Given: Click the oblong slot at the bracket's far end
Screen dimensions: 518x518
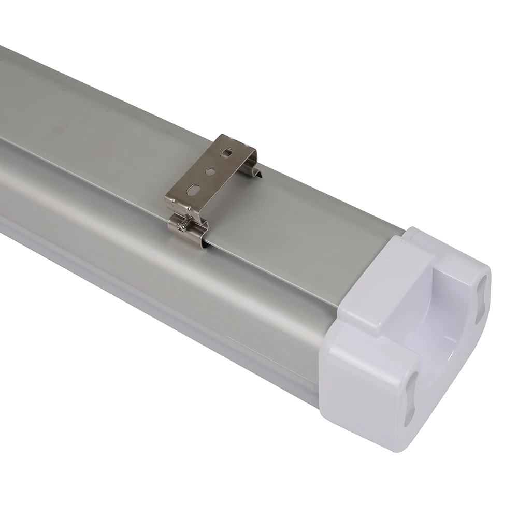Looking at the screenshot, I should coord(226,153).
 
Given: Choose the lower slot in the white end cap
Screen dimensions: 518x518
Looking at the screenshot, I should coord(410,399).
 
